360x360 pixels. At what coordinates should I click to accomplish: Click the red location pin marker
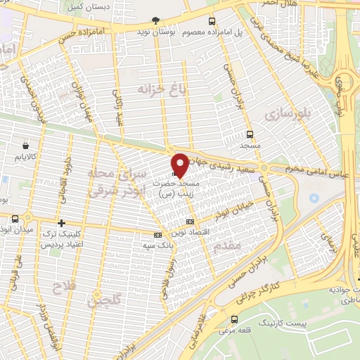click(180, 164)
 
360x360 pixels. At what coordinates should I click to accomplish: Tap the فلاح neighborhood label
click(63, 286)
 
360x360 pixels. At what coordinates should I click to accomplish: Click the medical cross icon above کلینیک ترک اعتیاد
click(62, 222)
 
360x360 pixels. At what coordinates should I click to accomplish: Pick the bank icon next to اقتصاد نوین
click(157, 236)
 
